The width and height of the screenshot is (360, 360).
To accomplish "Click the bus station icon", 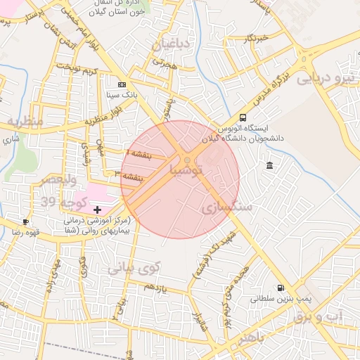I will [x=243, y=117].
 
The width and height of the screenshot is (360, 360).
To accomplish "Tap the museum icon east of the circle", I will [x=270, y=165].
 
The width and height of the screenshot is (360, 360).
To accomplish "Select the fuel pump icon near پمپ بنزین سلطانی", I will [x=281, y=288].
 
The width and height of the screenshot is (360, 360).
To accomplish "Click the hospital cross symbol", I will [x=96, y=209].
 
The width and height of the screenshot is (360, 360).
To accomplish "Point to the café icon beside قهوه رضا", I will [x=26, y=221].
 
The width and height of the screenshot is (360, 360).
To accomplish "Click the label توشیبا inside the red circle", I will [x=186, y=169].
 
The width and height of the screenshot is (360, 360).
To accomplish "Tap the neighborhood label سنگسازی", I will [x=226, y=207].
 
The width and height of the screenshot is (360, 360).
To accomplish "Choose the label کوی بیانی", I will [x=134, y=268].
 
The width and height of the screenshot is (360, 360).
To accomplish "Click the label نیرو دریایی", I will [x=327, y=79].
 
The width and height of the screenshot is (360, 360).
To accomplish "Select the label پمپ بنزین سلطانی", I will [x=281, y=299].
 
